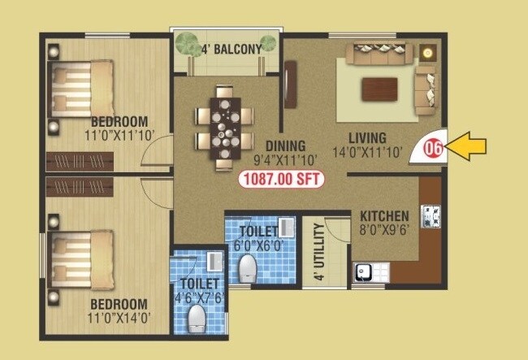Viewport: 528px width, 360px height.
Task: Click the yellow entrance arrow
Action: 470,146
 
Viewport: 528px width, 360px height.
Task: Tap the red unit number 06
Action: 434,149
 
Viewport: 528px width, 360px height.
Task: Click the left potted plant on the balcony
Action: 188,43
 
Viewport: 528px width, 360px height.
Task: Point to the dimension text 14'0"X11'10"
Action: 367,151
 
